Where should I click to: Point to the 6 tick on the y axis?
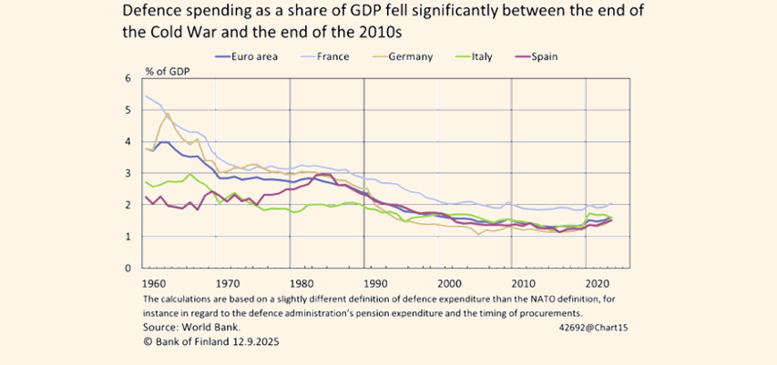[128, 78]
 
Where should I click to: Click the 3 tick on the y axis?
[128, 173]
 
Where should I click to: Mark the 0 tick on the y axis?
[128, 269]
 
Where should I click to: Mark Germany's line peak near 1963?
[168, 115]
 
